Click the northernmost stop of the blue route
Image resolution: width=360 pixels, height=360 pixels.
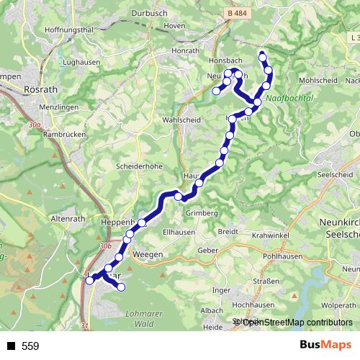pyautogui.click(x=262, y=57)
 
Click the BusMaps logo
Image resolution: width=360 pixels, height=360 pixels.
pyautogui.click(x=323, y=346)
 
